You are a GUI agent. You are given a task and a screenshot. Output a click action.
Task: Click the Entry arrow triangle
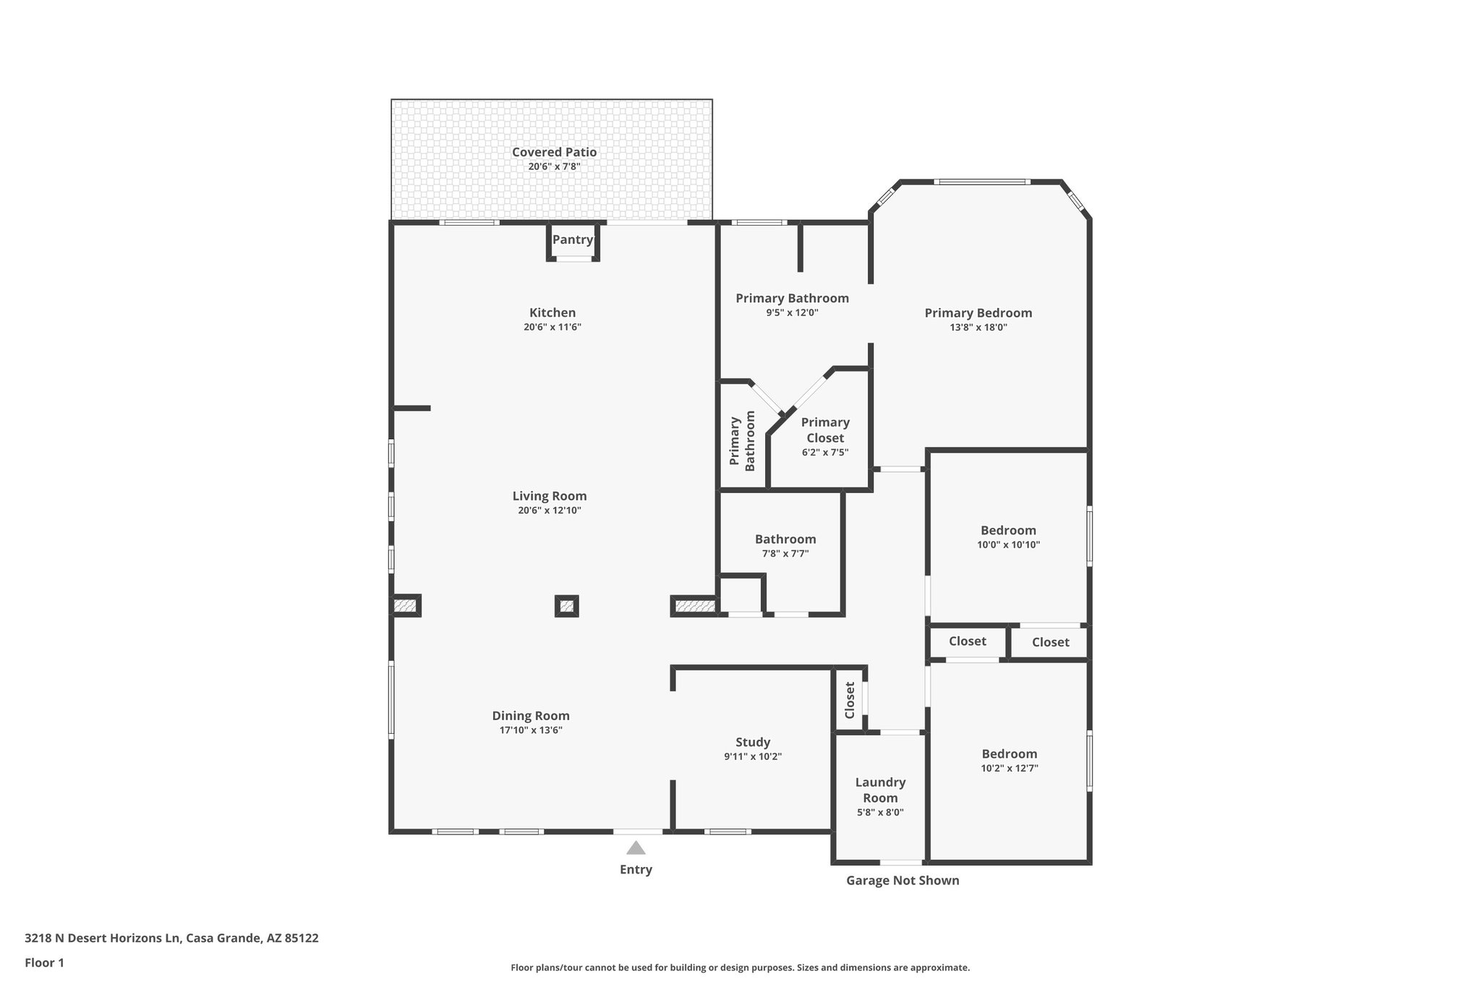pos(636,847)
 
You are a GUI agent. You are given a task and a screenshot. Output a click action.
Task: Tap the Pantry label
pos(573,239)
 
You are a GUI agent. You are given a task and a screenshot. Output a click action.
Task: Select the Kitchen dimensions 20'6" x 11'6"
pos(552,327)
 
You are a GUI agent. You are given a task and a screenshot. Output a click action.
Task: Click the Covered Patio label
pos(554,152)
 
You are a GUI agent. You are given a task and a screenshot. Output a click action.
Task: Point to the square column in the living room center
pos(567,606)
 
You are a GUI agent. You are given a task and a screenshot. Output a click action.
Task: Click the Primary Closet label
pos(825,430)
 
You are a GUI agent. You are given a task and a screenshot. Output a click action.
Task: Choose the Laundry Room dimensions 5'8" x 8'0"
pos(880,812)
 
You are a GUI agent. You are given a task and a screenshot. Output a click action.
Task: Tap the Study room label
pos(753,742)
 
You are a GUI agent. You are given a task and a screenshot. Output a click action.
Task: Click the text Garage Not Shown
pos(902,880)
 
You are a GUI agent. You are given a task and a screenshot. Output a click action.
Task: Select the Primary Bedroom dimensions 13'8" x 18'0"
pos(978,327)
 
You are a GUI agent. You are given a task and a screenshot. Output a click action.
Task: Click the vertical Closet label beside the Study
pos(850,699)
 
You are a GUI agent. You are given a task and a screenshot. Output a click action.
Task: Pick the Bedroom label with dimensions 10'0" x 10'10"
pos(1008,530)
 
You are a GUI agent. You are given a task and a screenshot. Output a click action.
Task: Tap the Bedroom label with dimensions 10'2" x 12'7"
pos(1010,753)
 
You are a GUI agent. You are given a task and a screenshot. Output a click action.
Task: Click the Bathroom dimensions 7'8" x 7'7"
pos(785,553)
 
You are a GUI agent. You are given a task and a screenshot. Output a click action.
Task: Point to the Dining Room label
pos(531,716)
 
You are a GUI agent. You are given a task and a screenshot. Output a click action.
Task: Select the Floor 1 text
pos(44,962)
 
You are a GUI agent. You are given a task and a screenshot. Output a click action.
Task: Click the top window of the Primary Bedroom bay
pos(981,181)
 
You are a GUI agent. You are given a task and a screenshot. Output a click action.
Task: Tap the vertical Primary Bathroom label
pos(742,441)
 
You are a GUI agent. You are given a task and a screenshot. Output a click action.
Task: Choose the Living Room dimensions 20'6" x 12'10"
pos(550,510)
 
